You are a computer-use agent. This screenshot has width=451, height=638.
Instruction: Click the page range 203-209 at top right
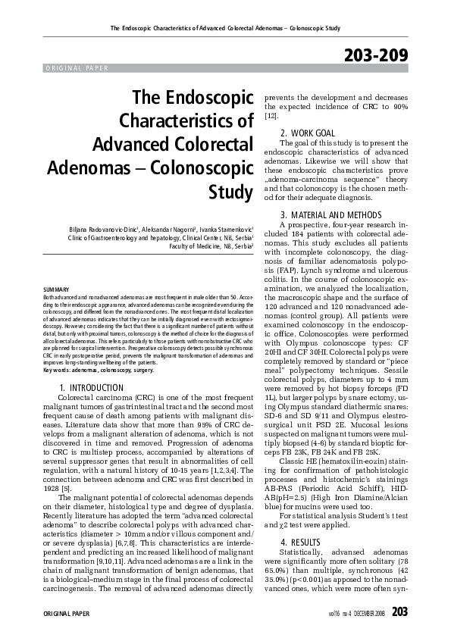point(376,57)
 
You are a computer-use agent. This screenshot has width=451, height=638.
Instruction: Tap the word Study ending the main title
point(232,190)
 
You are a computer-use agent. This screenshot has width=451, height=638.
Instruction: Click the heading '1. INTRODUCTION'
point(86,388)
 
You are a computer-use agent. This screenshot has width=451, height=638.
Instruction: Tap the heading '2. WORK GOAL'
point(308,133)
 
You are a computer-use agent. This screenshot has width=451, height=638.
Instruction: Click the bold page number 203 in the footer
point(399,611)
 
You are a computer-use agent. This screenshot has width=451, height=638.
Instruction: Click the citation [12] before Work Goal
point(271,116)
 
